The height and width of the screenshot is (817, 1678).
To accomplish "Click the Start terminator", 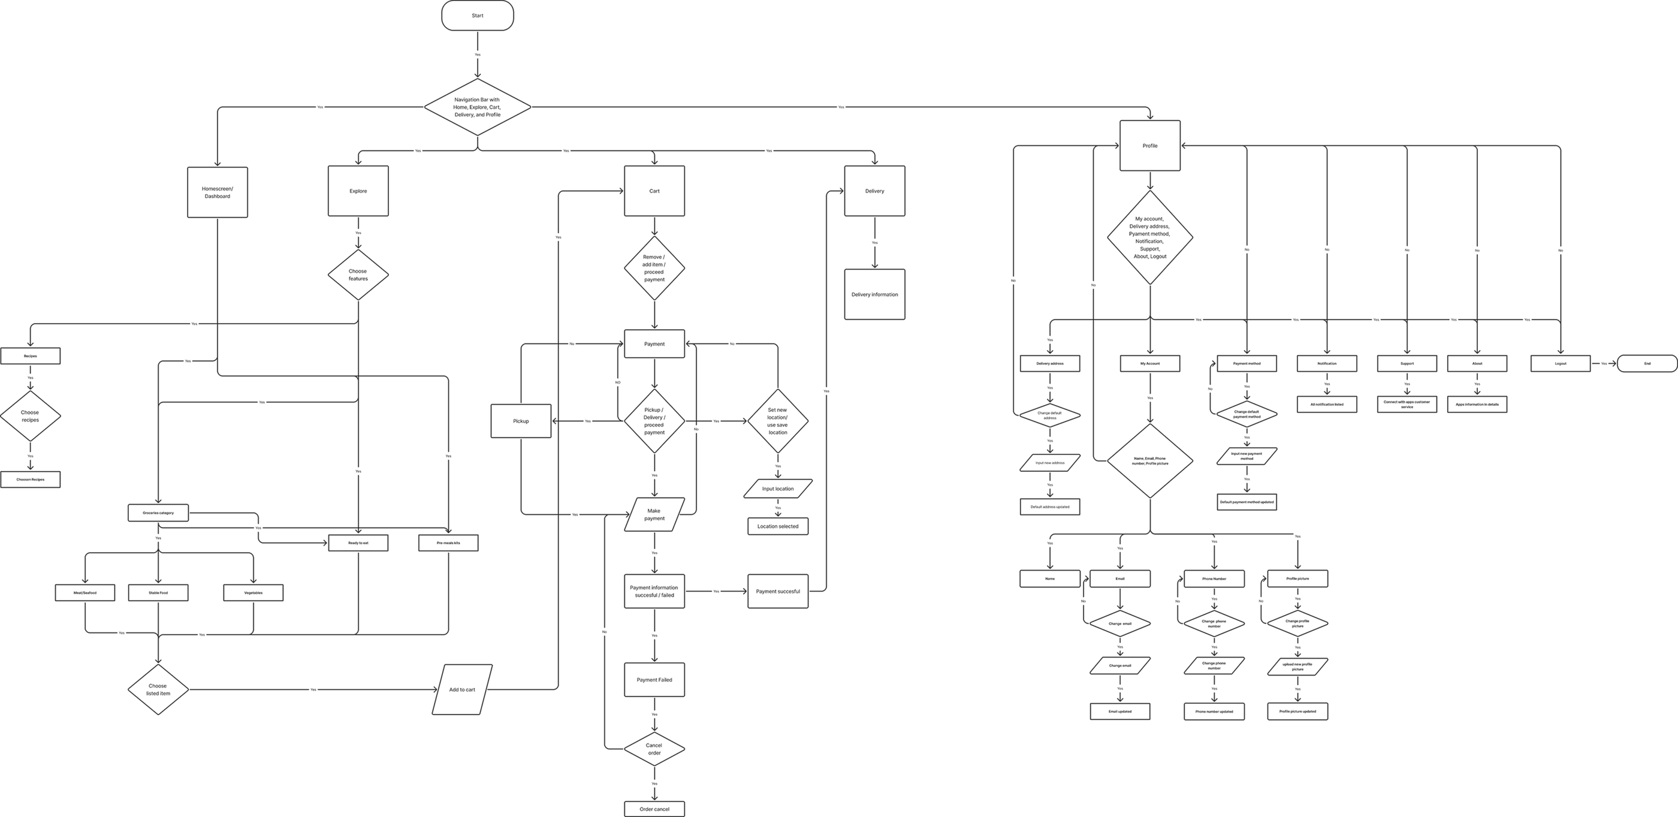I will [x=478, y=16].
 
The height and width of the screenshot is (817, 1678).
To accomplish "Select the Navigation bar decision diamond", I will [x=478, y=106].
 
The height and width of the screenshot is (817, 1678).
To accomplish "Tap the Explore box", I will [x=358, y=191].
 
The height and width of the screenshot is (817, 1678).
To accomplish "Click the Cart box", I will [x=654, y=191].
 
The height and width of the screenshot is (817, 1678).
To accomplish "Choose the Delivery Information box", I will [x=874, y=294].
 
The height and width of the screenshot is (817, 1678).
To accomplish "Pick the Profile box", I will [x=1149, y=146].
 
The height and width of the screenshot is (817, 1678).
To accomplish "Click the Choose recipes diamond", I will [x=30, y=415].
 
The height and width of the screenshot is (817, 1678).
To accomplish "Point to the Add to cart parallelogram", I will [x=463, y=689].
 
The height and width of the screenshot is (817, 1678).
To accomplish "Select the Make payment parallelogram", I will [x=654, y=515].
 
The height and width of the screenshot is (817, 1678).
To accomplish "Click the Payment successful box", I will [x=778, y=592].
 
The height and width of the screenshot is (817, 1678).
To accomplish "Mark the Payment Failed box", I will [x=654, y=680].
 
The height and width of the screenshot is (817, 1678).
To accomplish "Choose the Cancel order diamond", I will [x=654, y=749].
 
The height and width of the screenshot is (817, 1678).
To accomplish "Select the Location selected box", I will [x=778, y=526].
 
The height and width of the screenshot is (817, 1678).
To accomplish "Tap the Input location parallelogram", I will [x=778, y=489].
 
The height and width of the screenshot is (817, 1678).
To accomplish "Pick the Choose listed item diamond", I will [x=158, y=690].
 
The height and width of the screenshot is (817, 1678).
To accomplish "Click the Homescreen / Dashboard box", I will [x=218, y=192].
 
